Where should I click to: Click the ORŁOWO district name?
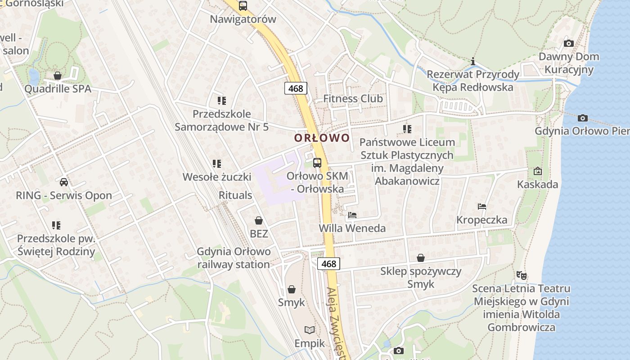pos(322,138)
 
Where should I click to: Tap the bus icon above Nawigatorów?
pos(243,6)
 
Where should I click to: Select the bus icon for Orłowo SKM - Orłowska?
pos(317,162)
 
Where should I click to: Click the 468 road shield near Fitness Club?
pos(296,88)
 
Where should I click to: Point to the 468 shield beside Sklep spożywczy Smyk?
pos(329,264)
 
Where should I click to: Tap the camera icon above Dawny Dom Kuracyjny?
pos(569,44)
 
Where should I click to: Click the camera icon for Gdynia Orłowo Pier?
pos(583,118)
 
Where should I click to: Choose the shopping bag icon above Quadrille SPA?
pos(58,76)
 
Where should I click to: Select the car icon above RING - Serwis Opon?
pos(64,182)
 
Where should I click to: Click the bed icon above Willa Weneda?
pos(352,215)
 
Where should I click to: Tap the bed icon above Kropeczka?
pos(482,207)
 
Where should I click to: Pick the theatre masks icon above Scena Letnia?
pos(521,274)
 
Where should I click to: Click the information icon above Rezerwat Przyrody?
pos(473,61)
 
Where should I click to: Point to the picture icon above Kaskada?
pos(537,171)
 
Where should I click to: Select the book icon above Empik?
pos(309,330)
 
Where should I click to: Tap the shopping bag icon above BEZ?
pos(259,220)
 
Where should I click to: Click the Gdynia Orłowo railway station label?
pos(234,258)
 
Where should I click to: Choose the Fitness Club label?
pos(353,99)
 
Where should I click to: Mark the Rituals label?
pos(235,195)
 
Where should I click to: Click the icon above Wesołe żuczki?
pos(217,164)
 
